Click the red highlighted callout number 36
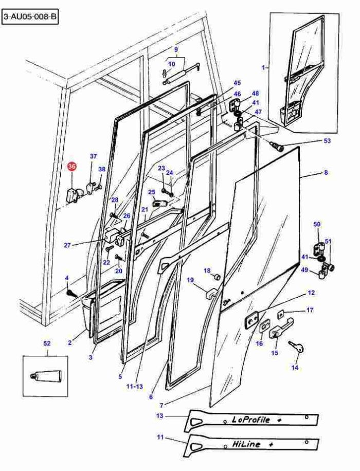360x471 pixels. [x=72, y=167]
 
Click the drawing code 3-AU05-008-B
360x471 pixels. [x=30, y=16]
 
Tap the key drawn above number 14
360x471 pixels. [x=297, y=347]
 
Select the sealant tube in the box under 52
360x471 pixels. [x=46, y=375]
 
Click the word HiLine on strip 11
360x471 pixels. [x=246, y=444]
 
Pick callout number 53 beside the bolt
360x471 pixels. [x=327, y=140]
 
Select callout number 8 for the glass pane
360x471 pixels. [x=326, y=172]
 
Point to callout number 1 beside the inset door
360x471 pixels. [x=263, y=68]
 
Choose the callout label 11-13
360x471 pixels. [x=135, y=386]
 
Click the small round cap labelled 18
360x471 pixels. [x=217, y=277]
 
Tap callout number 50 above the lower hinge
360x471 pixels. [x=317, y=224]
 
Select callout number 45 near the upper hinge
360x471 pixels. [x=237, y=83]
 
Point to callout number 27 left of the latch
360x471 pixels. [x=67, y=245]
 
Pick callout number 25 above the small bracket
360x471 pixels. [x=151, y=192]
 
